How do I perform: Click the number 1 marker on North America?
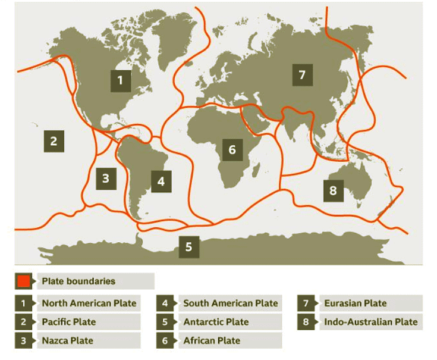click(x=121, y=80)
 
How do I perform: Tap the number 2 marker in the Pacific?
click(x=54, y=141)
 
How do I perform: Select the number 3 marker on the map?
click(x=105, y=178)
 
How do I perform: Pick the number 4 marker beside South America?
click(x=161, y=180)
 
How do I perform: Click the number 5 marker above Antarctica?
click(x=188, y=246)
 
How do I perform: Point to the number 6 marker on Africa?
click(x=232, y=149)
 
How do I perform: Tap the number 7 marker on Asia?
click(x=302, y=75)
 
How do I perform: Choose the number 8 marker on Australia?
click(x=333, y=190)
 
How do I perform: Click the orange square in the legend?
click(x=24, y=281)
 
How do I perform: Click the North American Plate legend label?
click(x=89, y=303)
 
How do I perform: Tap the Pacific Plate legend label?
click(x=68, y=322)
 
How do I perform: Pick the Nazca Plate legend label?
click(x=67, y=340)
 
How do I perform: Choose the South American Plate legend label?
click(x=230, y=303)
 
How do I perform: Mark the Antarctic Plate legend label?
click(x=215, y=322)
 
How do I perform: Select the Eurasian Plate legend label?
click(x=356, y=303)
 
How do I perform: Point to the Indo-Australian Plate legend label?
click(x=371, y=322)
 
